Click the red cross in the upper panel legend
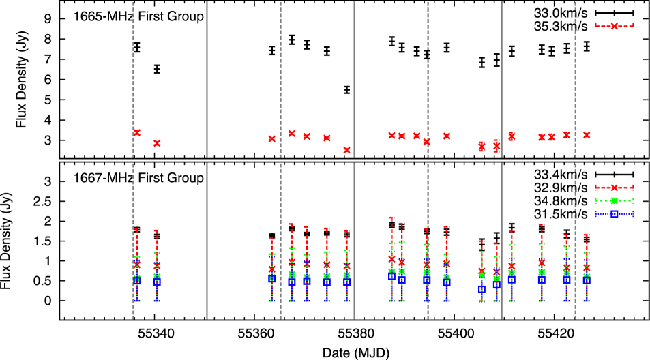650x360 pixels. [x=614, y=26]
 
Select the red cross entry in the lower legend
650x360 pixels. [x=614, y=187]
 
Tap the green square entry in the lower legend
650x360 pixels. [x=614, y=200]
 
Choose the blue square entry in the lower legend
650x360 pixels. [x=614, y=213]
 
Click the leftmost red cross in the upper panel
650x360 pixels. [x=136, y=132]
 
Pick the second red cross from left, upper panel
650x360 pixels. [x=157, y=143]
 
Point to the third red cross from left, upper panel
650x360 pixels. [x=271, y=138]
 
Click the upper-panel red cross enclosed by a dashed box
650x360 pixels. [x=497, y=145]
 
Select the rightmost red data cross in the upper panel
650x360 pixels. [x=587, y=135]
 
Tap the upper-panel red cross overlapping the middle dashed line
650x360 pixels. [x=427, y=142]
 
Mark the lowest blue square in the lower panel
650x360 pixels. [x=482, y=289]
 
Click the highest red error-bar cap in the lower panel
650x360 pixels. [x=392, y=217]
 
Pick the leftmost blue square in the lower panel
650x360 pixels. [x=136, y=280]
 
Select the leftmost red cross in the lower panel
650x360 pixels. [x=136, y=265]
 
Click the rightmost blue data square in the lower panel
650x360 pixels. [x=587, y=279]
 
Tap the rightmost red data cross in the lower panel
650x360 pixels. [x=587, y=267]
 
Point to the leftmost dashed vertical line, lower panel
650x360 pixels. [x=133, y=239]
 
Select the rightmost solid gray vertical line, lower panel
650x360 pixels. [x=501, y=239]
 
